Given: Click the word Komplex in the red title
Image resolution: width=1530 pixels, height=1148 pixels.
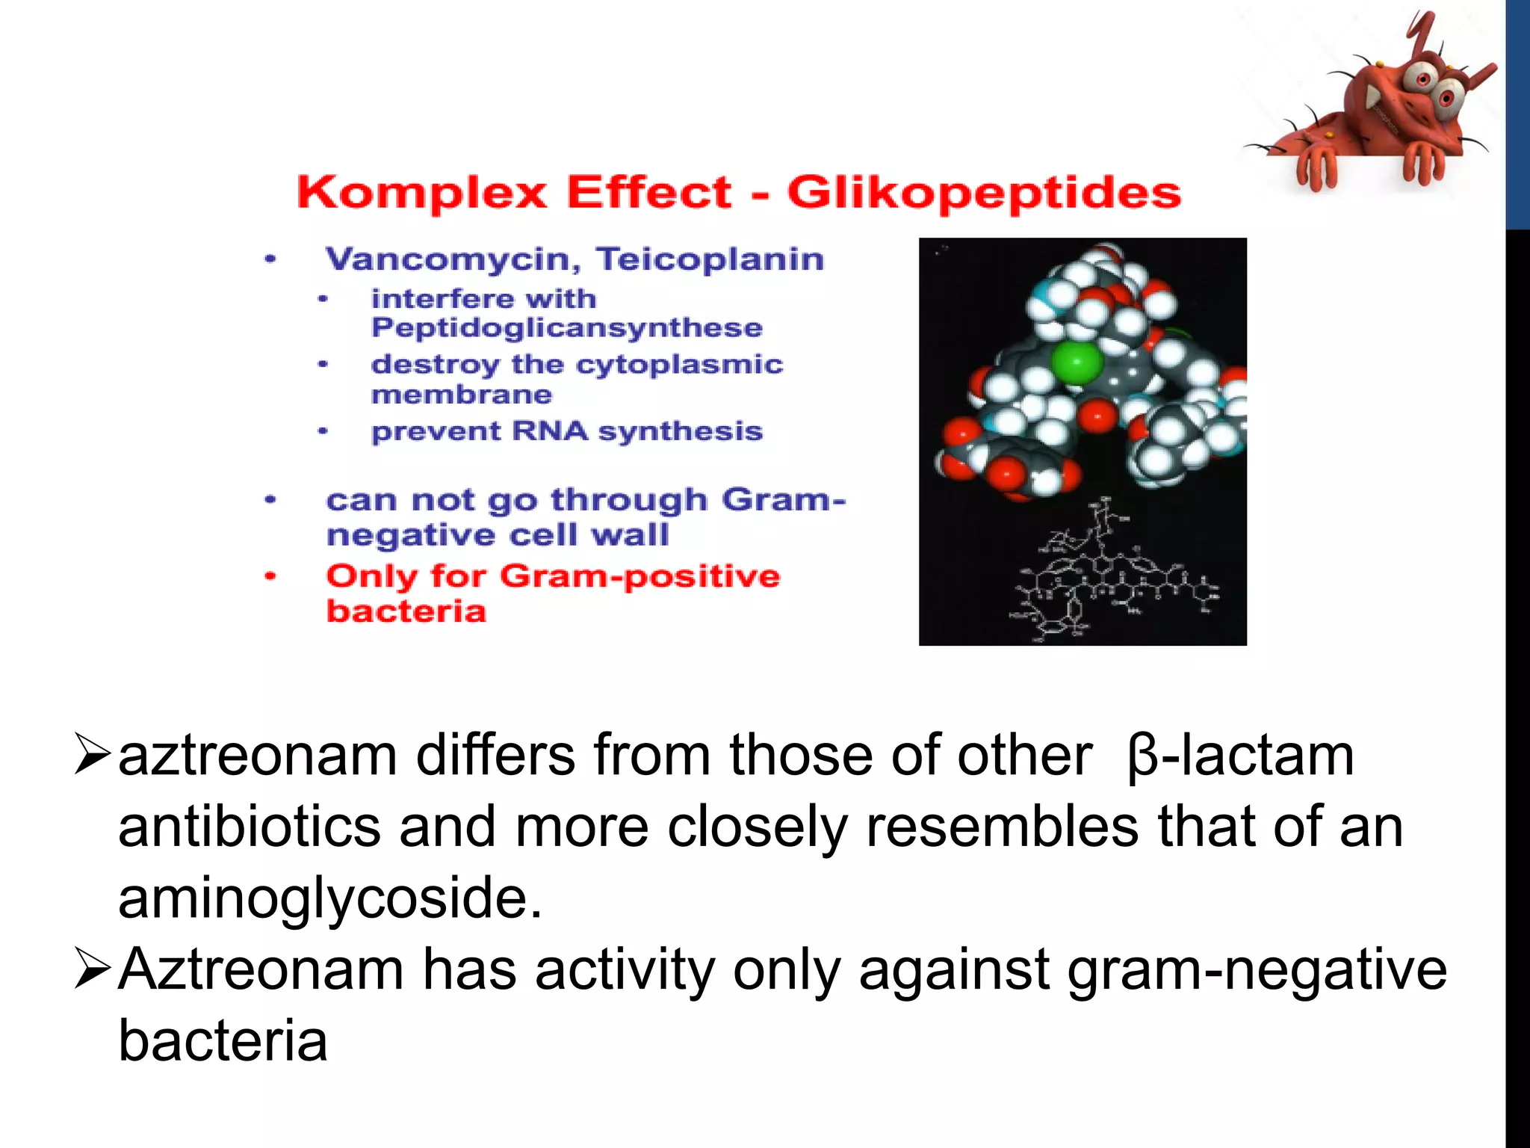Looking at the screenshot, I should click(x=422, y=193).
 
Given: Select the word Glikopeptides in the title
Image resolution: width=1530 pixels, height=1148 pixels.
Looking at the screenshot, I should click(x=984, y=193).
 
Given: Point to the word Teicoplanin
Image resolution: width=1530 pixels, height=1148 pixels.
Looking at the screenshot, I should click(x=710, y=259).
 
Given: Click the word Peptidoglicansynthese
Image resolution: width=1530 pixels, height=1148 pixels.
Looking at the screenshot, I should click(x=566, y=328).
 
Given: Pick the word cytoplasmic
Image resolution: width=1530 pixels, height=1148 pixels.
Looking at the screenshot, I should click(x=679, y=364).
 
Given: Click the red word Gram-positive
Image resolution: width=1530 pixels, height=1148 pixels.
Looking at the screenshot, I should click(x=639, y=576).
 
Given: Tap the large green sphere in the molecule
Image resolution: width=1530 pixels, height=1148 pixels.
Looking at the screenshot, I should click(x=1077, y=364).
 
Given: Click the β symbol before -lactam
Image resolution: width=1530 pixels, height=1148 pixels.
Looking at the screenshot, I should click(x=1142, y=756).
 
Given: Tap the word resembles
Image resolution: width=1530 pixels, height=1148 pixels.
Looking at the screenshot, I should click(x=1001, y=827).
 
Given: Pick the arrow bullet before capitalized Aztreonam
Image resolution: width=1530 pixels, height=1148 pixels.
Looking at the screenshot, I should click(x=93, y=970).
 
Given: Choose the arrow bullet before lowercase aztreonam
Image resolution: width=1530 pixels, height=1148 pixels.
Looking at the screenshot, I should click(x=93, y=756).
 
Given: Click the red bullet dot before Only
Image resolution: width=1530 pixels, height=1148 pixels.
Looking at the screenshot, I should click(x=270, y=576).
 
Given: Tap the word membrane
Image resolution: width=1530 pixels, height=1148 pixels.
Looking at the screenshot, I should click(x=461, y=395).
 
